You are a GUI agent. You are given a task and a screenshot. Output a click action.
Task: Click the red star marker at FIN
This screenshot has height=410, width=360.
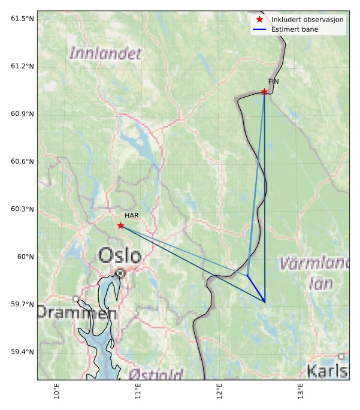tap(264, 92)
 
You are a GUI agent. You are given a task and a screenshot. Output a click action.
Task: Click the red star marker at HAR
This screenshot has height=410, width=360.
tap(120, 225)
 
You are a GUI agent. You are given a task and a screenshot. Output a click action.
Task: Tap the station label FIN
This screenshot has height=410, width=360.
tap(274, 81)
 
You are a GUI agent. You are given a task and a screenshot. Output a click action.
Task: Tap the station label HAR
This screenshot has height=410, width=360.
tap(132, 215)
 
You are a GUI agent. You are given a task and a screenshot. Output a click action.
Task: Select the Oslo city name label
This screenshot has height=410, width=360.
tap(120, 256)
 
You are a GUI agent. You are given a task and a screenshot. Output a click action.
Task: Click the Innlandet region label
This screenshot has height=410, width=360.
tap(105, 53)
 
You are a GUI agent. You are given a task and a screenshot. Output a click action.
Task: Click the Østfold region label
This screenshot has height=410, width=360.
tap(156, 375)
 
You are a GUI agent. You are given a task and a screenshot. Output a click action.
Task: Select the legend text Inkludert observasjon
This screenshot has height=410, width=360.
tap(307, 20)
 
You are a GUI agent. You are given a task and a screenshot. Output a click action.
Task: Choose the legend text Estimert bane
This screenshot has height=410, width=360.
tap(295, 29)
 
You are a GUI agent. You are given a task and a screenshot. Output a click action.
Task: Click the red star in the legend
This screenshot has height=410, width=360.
tap(259, 20)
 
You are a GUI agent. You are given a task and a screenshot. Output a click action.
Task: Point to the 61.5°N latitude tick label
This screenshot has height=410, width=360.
tap(22, 19)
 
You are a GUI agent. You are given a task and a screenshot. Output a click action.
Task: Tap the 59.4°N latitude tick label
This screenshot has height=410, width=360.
tap(22, 352)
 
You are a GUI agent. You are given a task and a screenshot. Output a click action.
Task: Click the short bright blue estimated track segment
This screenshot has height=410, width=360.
tap(256, 288)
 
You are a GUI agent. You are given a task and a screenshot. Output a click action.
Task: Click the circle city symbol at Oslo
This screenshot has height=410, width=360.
tap(120, 273)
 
